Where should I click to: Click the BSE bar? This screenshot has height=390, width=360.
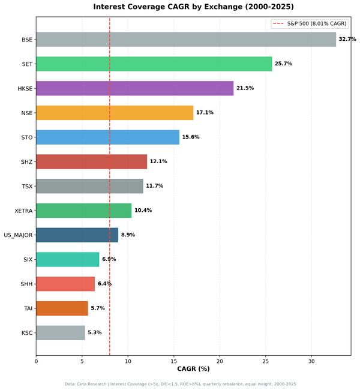point(186,40)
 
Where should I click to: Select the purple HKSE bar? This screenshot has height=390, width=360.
point(134,88)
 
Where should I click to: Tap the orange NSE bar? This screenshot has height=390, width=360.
point(115,113)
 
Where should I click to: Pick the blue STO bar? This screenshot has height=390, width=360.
point(107,137)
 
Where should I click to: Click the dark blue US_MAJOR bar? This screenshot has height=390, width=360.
point(77,235)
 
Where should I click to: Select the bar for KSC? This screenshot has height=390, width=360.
point(60,332)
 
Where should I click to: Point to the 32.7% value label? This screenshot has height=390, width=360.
point(347,40)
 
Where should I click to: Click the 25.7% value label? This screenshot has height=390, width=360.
point(283,64)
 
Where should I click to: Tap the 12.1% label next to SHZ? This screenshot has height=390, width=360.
point(158,161)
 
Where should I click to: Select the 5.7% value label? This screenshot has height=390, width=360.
point(97,308)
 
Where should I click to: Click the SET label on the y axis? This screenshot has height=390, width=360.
point(26,64)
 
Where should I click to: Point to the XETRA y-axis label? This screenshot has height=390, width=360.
point(23,211)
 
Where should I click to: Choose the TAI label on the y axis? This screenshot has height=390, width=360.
point(27,308)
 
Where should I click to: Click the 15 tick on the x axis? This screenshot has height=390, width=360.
point(174,361)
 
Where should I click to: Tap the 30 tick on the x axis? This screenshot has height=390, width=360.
point(311,361)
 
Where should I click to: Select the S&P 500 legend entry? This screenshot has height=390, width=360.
point(309,23)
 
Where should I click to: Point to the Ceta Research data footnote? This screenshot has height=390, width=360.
point(180,384)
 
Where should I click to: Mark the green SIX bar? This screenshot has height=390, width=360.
point(67,259)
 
